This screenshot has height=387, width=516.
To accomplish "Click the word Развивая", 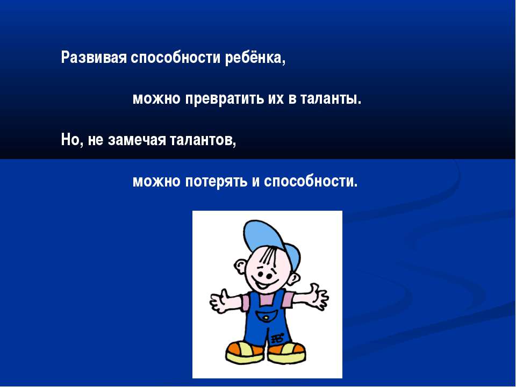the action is (94, 58).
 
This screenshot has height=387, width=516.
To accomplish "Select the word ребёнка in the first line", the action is (255, 58).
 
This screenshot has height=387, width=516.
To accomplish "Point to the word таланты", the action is (331, 99).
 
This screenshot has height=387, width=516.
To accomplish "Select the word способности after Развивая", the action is (175, 58).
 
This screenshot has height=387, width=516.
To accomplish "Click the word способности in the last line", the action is (310, 181).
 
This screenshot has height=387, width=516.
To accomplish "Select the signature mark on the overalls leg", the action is (278, 338).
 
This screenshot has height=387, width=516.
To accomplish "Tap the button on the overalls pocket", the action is (267, 318).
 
